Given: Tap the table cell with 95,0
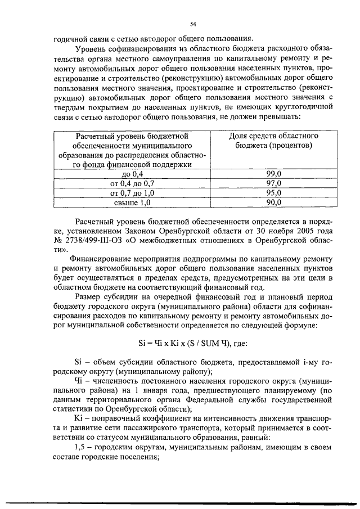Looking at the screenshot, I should (x=273, y=193).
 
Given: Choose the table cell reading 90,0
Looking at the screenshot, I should (x=273, y=202).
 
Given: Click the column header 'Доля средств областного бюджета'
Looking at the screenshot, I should (x=273, y=141).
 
